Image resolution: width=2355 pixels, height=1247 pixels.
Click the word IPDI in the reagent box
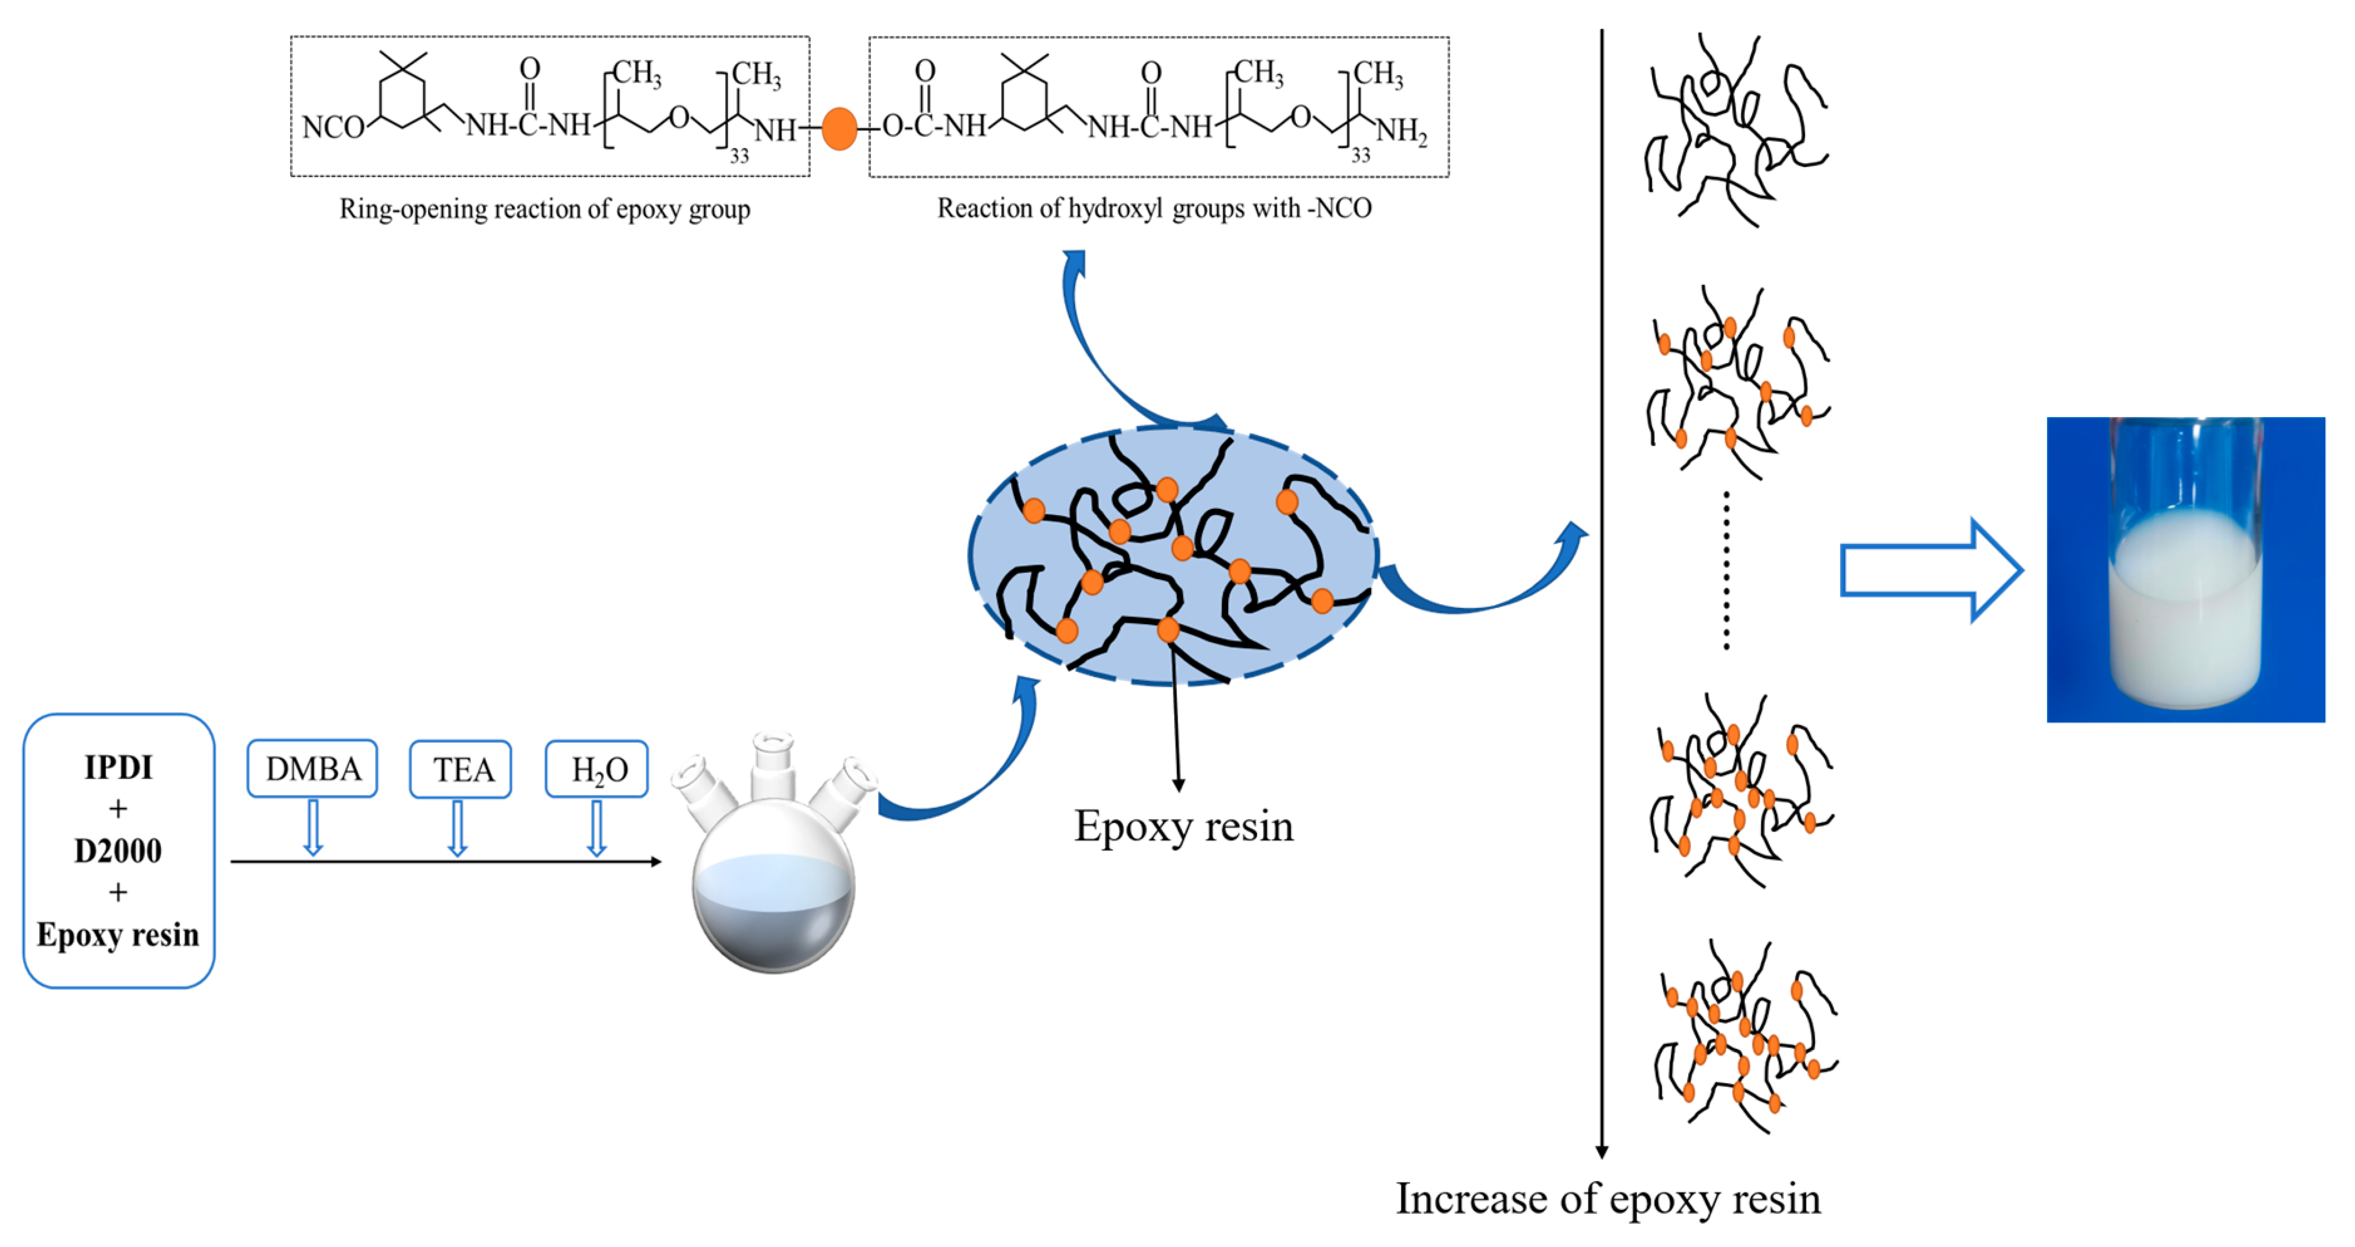118,767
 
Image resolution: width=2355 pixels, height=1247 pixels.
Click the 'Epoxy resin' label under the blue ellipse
1183,826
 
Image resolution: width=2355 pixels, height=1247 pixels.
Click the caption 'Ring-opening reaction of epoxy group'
545,209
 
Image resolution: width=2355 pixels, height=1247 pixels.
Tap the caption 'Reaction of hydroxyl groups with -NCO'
1154,208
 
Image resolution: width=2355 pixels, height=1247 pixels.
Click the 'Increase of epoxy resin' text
1607,1198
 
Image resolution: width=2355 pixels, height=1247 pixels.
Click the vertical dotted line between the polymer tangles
1726,571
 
